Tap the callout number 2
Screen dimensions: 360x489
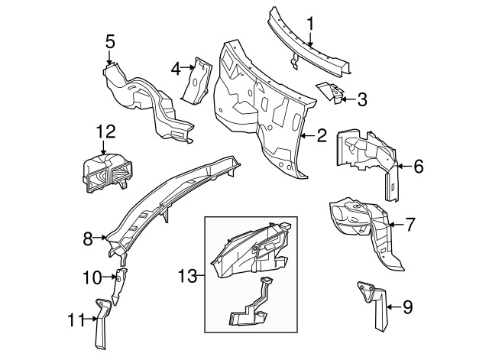point(322,136)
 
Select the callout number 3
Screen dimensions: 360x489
point(362,98)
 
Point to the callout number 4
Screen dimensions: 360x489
point(175,68)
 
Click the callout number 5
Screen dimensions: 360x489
point(110,41)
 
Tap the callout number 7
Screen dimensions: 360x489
point(410,225)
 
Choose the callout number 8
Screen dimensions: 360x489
point(88,239)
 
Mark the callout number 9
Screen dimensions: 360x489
point(406,307)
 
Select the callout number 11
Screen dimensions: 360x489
point(74,322)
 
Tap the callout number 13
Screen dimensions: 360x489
point(187,274)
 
